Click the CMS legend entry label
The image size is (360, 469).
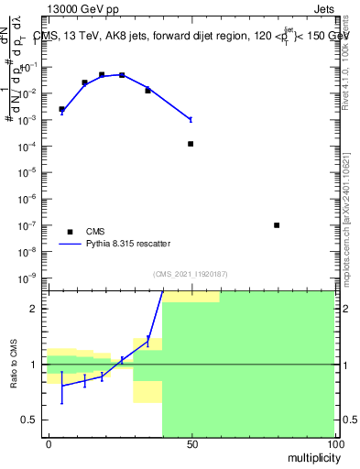tap(97, 232)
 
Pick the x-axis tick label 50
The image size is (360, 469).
tap(191, 444)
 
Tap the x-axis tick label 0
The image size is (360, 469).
tap(48, 444)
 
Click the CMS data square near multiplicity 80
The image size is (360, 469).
tap(277, 224)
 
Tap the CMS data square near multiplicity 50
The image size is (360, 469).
tap(191, 144)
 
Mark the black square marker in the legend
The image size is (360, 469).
tap(69, 232)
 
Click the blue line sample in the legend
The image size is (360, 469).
tap(69, 244)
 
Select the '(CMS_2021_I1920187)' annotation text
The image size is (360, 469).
tap(191, 273)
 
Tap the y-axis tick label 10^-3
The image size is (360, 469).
tap(27, 120)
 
